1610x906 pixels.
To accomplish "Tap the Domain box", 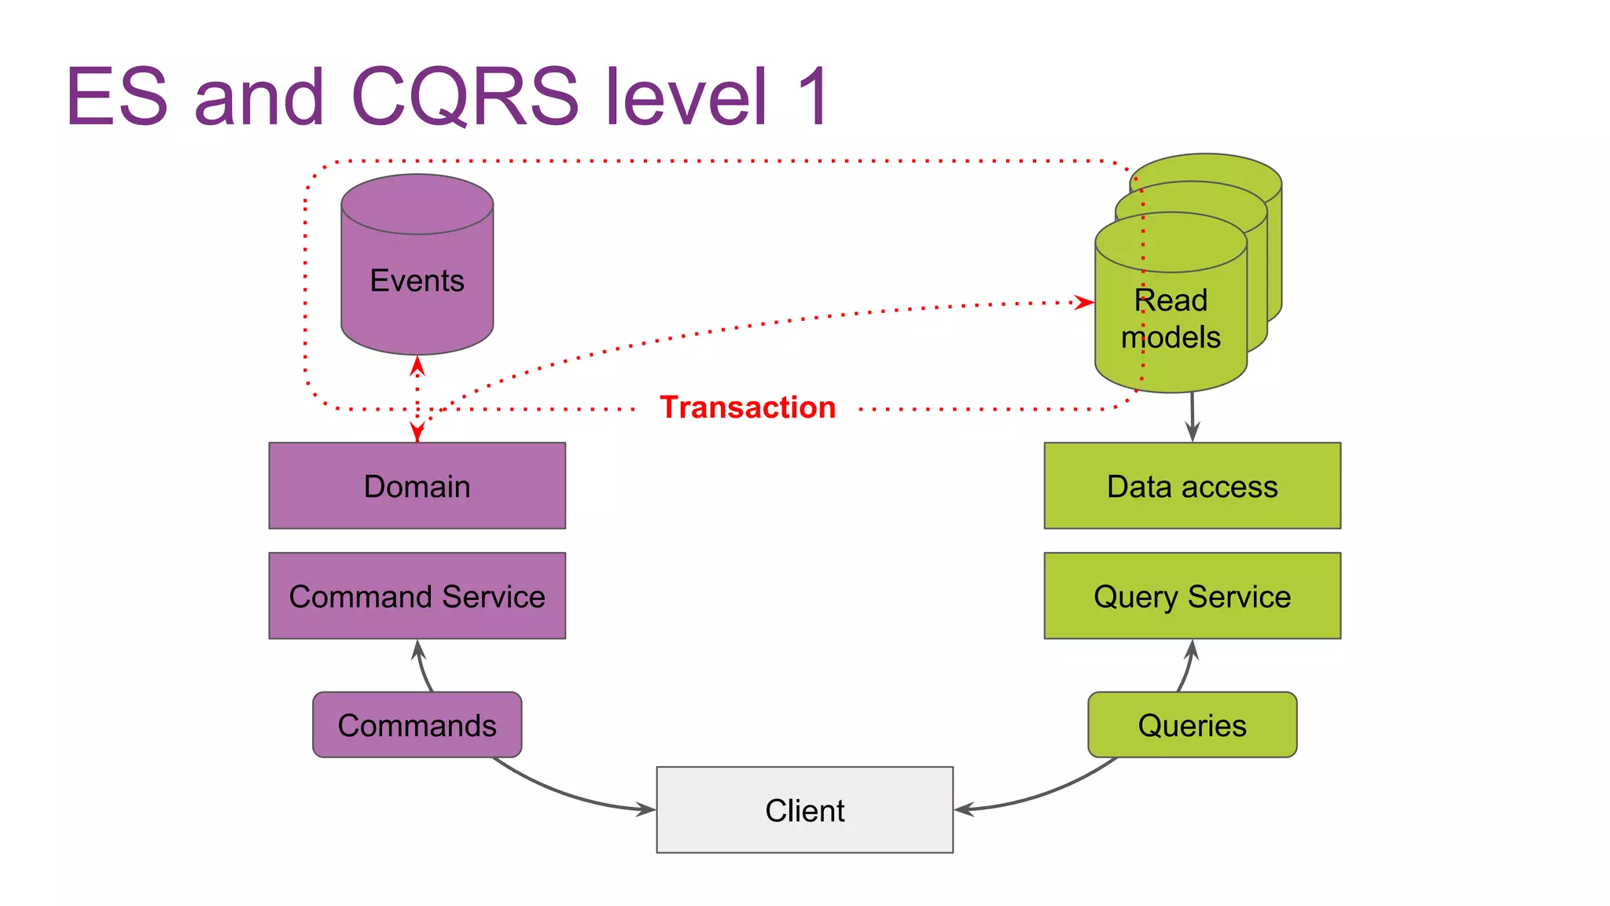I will click(x=417, y=486).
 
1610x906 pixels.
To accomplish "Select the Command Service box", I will click(x=417, y=596).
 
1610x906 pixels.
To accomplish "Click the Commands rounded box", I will click(x=417, y=725).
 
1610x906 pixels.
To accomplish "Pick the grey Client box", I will click(x=804, y=810).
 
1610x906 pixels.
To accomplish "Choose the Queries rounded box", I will click(x=1192, y=725).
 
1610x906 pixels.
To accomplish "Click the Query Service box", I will click(x=1192, y=596).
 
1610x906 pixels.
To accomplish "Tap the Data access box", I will click(x=1192, y=486).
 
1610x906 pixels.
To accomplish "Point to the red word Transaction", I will click(x=748, y=407).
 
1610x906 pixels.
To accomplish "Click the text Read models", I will click(x=1171, y=319).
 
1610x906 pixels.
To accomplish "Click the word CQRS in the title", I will click(x=465, y=97).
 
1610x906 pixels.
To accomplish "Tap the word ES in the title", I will click(x=117, y=97).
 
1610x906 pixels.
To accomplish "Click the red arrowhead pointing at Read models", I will click(x=1085, y=302).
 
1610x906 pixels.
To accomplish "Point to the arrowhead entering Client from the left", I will click(x=646, y=808).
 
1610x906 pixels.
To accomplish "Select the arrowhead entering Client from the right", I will click(x=965, y=808).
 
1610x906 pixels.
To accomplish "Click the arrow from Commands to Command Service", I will click(x=422, y=667).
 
